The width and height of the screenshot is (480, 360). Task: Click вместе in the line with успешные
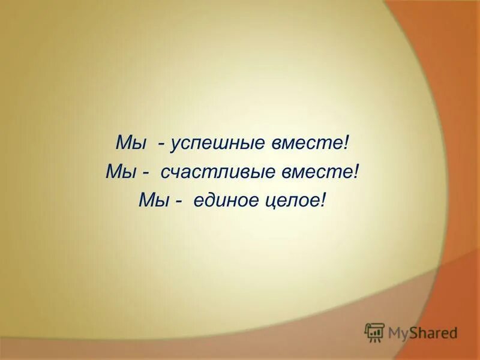click(315, 145)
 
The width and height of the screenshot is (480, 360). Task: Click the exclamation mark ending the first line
click(347, 145)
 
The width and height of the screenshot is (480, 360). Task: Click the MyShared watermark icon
click(374, 332)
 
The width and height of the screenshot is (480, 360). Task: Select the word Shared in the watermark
click(433, 332)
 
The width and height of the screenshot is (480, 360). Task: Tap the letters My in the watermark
click(398, 333)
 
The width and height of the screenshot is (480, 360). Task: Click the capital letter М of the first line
click(122, 145)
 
